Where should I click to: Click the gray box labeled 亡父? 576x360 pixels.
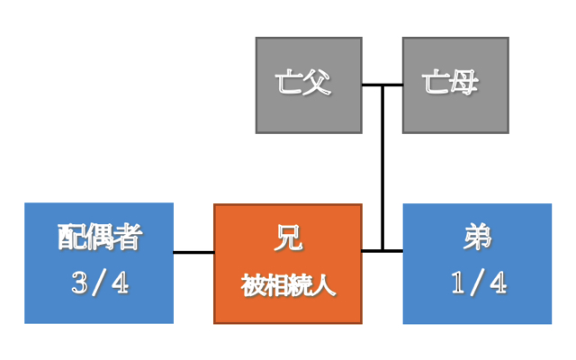click(x=309, y=85)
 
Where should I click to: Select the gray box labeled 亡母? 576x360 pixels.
click(x=455, y=85)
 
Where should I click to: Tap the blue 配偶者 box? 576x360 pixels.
click(x=99, y=263)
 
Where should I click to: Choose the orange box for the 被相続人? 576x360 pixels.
click(x=288, y=263)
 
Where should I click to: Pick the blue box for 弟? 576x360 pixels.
click(x=477, y=263)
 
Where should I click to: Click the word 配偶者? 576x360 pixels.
click(x=99, y=238)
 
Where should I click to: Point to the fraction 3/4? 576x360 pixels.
click(x=99, y=284)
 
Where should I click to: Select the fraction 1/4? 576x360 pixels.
click(x=477, y=284)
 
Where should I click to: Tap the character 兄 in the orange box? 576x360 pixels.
click(x=288, y=239)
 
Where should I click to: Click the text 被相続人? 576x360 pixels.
click(x=288, y=286)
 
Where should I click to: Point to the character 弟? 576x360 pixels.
click(x=477, y=238)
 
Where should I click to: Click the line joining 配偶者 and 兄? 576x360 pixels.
click(x=193, y=252)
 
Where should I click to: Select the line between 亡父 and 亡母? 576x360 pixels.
click(x=382, y=85)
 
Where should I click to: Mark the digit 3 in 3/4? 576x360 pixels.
click(x=78, y=284)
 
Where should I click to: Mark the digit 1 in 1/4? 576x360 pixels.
click(x=457, y=284)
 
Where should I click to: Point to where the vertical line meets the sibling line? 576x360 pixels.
click(x=382, y=250)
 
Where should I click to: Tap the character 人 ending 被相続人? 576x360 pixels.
click(x=325, y=286)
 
